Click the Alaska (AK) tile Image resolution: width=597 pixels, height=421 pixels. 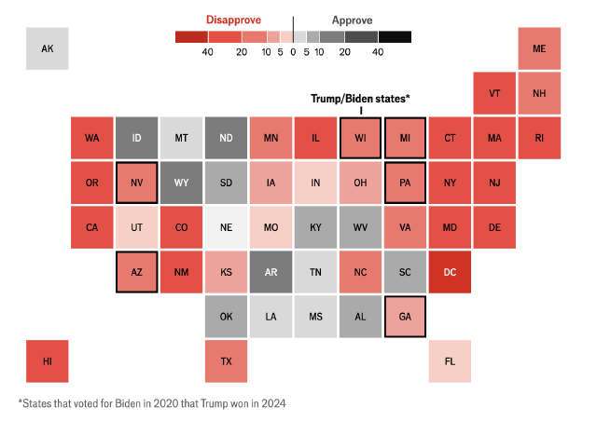[47, 48]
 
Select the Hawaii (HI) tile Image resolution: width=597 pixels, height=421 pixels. [47, 361]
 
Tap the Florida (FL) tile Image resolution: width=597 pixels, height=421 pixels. [450, 361]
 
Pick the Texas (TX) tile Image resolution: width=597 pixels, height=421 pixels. [226, 361]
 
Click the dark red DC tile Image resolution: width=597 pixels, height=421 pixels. [450, 272]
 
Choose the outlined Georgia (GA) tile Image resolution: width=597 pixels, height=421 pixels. [405, 317]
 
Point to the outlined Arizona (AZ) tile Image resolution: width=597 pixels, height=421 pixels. [136, 272]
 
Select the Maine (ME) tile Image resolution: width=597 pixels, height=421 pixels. [539, 48]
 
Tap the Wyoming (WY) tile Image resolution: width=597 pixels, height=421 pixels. [181, 183]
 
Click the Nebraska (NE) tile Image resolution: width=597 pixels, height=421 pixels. [226, 227]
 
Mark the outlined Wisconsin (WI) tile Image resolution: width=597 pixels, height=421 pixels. [360, 138]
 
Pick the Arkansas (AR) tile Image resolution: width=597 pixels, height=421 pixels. [271, 272]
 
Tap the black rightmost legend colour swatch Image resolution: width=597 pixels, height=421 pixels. [395, 37]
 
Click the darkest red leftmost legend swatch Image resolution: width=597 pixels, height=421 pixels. [191, 37]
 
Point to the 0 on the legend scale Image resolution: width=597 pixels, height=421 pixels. [293, 52]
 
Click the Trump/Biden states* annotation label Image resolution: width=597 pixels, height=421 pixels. [360, 99]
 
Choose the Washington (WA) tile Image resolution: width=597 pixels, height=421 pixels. [91, 138]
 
